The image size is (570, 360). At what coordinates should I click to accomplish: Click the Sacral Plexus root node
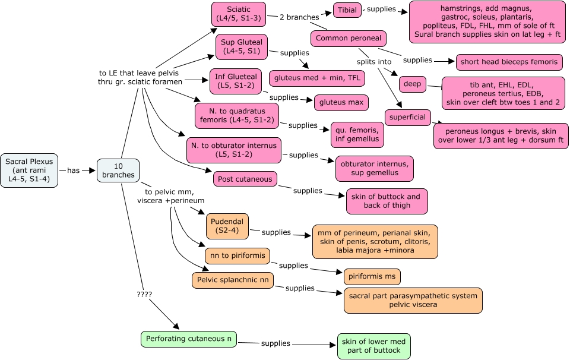[29, 170]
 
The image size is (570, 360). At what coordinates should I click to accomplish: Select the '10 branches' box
[118, 170]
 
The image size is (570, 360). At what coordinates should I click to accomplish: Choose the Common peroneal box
[349, 39]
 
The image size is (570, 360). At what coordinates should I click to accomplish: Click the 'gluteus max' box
[341, 102]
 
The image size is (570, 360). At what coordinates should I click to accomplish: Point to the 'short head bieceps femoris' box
[509, 62]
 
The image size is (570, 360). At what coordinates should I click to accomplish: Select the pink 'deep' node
[412, 84]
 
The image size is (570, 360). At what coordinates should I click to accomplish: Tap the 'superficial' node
[407, 117]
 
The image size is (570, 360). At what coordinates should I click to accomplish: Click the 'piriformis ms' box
[372, 276]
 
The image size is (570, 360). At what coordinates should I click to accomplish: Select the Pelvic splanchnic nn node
[232, 280]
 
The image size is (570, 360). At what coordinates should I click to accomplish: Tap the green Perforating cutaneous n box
[188, 339]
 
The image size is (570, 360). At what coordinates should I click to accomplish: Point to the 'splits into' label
[373, 62]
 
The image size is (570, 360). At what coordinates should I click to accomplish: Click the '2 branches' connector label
[300, 17]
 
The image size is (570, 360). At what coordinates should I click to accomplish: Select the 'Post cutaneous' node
[245, 179]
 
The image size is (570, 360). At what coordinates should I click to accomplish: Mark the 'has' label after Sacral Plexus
[73, 170]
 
